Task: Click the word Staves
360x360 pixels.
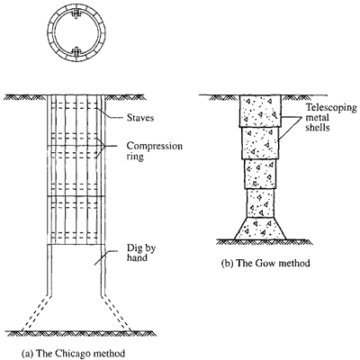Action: tap(140, 117)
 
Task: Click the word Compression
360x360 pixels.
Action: tap(155, 147)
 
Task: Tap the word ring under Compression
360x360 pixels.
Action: tap(135, 157)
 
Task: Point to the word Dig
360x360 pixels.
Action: tap(134, 249)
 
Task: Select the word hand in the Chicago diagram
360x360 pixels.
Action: tap(137, 257)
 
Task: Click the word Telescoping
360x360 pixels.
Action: tap(331, 108)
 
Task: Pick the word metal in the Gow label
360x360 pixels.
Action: tap(317, 117)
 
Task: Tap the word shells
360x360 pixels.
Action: tap(318, 127)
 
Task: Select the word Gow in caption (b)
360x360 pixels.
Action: tap(266, 263)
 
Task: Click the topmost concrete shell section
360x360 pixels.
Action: tap(260, 111)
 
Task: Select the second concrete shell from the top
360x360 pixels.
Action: tap(260, 143)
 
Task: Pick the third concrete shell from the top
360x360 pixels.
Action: tap(260, 174)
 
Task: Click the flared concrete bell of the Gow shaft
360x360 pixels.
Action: tap(260, 229)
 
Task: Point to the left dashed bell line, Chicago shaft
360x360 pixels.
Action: tap(35, 312)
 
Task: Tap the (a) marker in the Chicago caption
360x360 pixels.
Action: tap(28, 354)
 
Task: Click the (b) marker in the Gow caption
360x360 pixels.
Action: tap(227, 264)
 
